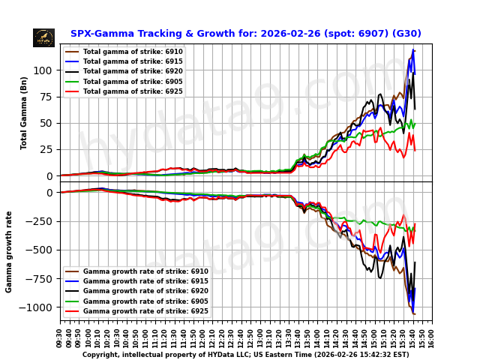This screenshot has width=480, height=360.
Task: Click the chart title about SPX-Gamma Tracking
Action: pyautogui.click(x=245, y=34)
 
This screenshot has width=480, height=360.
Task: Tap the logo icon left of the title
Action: pyautogui.click(x=43, y=37)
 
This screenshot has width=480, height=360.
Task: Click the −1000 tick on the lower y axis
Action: pyautogui.click(x=39, y=307)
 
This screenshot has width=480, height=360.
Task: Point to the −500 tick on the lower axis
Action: pyautogui.click(x=41, y=250)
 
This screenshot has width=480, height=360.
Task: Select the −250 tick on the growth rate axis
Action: pyautogui.click(x=41, y=221)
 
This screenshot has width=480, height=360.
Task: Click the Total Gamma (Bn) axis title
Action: pyautogui.click(x=24, y=112)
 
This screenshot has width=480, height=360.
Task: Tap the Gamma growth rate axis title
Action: pyautogui.click(x=10, y=251)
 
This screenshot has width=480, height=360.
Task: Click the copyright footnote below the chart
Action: pyautogui.click(x=245, y=355)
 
